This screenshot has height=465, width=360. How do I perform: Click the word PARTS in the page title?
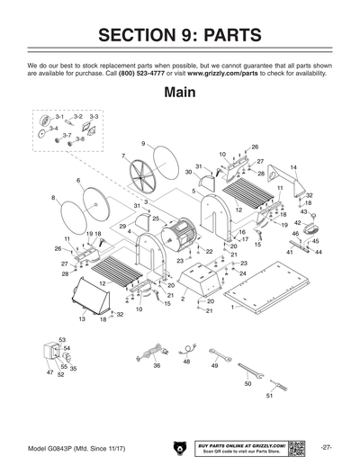click(x=225, y=36)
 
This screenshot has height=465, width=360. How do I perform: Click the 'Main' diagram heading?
click(x=180, y=93)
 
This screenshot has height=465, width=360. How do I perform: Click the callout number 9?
click(x=143, y=144)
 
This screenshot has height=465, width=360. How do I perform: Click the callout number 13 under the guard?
click(x=82, y=319)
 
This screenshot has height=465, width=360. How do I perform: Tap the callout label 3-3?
click(x=94, y=117)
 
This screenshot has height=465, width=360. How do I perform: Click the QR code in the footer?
click(x=297, y=447)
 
